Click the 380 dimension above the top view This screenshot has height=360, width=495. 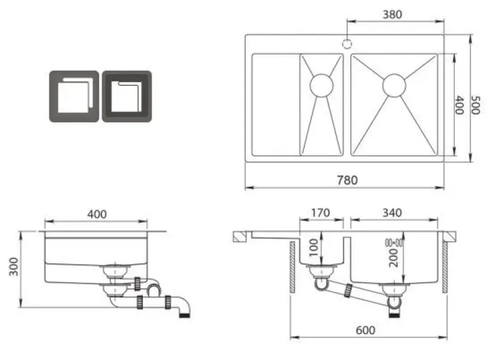394,14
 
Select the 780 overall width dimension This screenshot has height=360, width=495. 347,180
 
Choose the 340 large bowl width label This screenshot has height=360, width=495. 392,213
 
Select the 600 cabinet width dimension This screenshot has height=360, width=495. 366,330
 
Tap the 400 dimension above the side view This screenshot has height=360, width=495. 97,214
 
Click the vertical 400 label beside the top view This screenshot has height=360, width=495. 459,105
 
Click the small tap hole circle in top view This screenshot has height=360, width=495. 347,44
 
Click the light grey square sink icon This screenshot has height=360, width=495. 74,96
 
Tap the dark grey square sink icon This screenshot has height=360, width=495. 127,96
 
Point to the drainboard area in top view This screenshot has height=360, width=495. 275,105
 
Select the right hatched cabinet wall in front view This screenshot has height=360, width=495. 444,268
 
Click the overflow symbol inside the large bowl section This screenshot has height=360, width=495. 394,242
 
